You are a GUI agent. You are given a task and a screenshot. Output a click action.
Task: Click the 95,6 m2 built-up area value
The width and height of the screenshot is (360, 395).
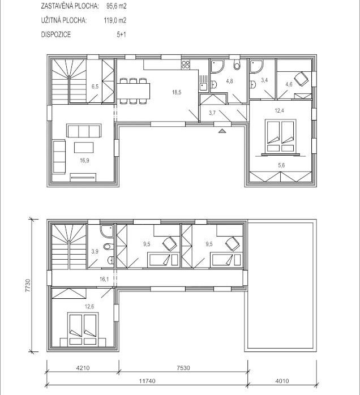(116, 6)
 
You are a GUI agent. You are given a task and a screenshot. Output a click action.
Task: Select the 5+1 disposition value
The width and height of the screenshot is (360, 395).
(121, 35)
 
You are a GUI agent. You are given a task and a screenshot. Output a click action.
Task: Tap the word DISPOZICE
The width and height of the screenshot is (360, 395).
(56, 35)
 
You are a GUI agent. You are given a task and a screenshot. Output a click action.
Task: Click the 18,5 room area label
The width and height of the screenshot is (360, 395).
(177, 92)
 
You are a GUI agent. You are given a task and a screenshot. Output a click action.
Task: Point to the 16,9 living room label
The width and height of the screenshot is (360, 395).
(84, 160)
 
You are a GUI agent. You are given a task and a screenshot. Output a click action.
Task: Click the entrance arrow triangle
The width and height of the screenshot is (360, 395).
(221, 130)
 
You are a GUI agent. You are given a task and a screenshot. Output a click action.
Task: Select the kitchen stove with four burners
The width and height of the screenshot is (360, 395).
(186, 65)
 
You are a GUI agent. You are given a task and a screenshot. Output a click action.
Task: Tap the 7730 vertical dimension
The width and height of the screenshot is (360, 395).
(28, 285)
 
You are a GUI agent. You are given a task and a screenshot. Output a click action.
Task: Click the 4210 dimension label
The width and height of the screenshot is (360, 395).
(83, 368)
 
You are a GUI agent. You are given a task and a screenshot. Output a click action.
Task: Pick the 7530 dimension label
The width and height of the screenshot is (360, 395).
(183, 368)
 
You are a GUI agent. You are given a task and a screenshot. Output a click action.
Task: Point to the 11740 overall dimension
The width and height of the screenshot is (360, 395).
(147, 381)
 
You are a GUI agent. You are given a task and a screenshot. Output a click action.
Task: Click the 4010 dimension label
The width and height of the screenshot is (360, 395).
(282, 381)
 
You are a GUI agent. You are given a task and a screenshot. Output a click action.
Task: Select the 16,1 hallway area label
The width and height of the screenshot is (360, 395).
(104, 279)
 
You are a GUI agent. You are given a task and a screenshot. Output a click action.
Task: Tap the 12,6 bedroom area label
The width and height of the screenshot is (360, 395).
(89, 307)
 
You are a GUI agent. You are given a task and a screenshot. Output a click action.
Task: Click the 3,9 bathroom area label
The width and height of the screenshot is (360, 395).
(95, 251)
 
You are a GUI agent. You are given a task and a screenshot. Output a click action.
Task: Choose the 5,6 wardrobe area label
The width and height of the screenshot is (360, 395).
(281, 165)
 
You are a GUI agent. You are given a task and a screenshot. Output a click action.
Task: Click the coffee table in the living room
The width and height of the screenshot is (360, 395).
(84, 147)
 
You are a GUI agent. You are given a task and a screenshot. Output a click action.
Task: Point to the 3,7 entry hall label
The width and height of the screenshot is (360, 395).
(212, 113)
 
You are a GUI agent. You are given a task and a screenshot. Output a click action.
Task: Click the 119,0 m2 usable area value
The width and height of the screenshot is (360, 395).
(115, 20)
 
